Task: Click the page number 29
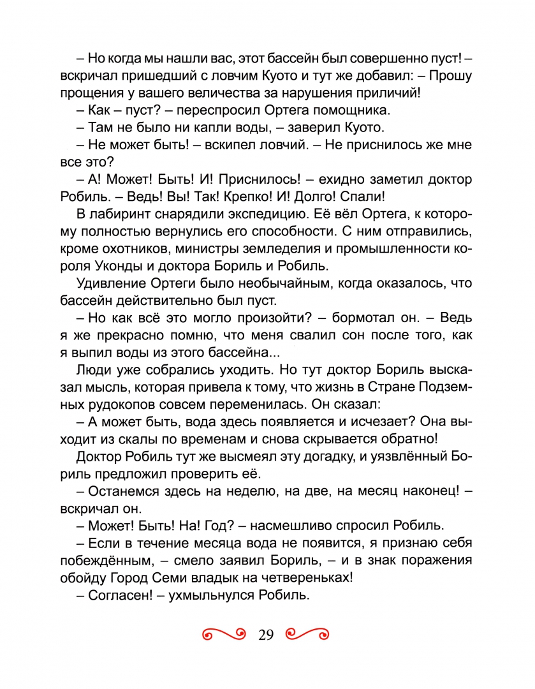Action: tap(266, 635)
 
